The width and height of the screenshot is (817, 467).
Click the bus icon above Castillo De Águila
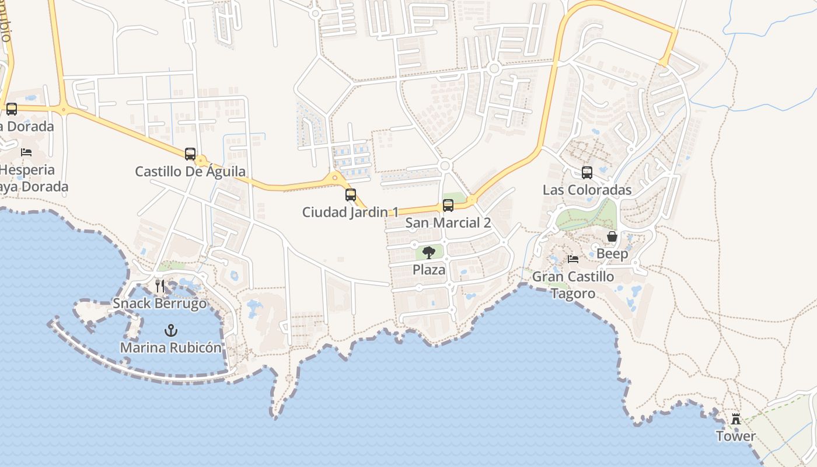click(x=190, y=154)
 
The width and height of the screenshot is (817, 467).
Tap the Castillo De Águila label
click(x=190, y=172)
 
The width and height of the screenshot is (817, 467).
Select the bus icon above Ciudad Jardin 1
click(x=351, y=195)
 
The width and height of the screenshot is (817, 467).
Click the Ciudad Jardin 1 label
click(x=350, y=212)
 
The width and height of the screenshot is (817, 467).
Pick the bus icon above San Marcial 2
click(x=448, y=205)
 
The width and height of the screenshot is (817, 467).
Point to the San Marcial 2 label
click(x=448, y=223)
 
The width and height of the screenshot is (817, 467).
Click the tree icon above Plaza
click(x=429, y=253)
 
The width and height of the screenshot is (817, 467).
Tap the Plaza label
click(x=429, y=270)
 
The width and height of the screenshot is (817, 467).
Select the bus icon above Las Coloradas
click(x=587, y=173)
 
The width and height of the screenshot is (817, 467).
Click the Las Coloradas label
click(x=587, y=190)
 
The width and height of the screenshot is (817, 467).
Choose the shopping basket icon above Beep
click(x=612, y=236)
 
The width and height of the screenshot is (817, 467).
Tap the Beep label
click(x=612, y=254)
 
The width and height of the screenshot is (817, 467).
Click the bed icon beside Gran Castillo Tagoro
click(x=573, y=259)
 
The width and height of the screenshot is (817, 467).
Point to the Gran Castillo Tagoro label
click(x=573, y=285)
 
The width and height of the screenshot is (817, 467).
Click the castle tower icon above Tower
click(x=736, y=419)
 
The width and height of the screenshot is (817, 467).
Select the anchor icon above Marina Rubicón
click(x=170, y=330)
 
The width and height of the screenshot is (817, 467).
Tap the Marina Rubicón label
click(x=170, y=348)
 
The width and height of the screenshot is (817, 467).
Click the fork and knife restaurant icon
click(x=160, y=286)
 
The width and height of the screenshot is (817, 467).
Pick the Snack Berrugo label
click(x=160, y=304)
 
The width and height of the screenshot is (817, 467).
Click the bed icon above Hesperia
click(x=26, y=152)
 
